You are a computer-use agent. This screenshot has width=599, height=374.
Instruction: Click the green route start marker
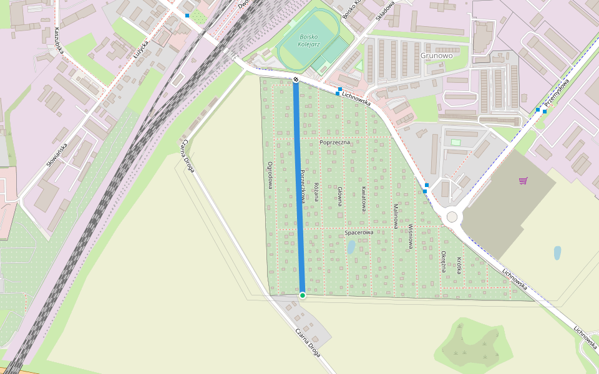click(303, 295)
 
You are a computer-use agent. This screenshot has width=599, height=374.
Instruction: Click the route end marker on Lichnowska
click(296, 79)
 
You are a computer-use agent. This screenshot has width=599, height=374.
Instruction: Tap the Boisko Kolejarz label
click(308, 41)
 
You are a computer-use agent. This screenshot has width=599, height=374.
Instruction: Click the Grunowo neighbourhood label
click(436, 55)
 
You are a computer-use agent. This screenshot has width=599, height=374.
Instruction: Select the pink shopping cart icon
click(523, 181)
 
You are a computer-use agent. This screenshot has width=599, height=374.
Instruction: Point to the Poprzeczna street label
click(336, 143)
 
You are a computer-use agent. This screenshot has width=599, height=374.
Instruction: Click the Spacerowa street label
click(359, 233)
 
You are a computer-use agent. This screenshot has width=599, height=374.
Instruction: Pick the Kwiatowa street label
click(364, 198)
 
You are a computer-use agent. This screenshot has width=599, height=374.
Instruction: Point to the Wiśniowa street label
click(411, 237)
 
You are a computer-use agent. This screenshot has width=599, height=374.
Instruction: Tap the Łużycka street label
click(140, 49)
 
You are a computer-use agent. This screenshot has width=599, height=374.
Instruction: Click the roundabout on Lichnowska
click(452, 216)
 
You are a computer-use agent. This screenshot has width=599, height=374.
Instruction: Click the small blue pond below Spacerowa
click(351, 247)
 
